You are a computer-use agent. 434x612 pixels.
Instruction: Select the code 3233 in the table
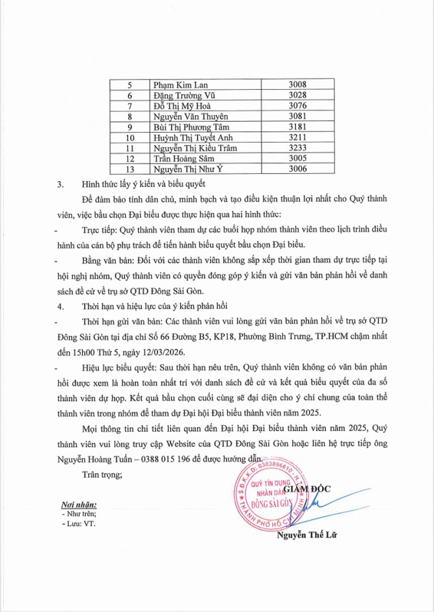297,148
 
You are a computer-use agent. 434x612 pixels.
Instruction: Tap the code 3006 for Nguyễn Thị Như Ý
297,169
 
